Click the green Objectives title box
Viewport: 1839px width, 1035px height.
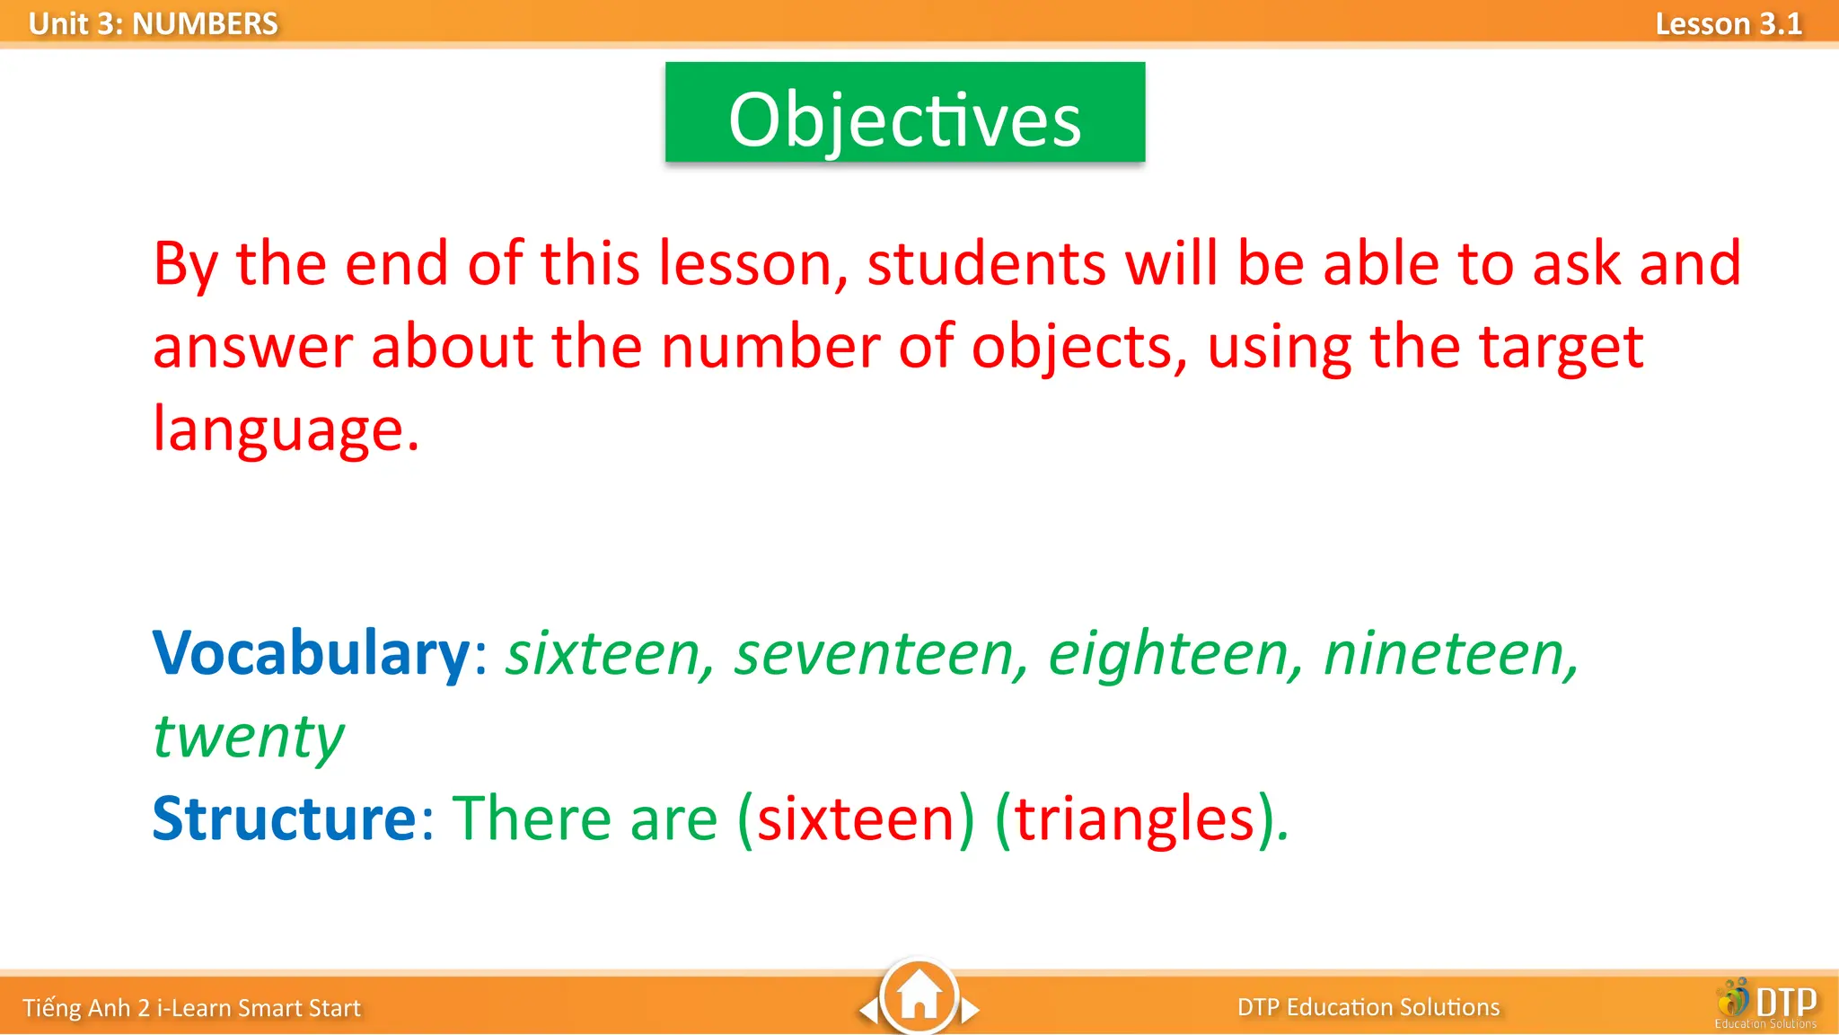point(904,112)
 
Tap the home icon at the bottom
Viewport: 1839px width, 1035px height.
point(919,996)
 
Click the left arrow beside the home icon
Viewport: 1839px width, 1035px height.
point(868,1011)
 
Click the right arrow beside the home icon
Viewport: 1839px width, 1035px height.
point(970,1011)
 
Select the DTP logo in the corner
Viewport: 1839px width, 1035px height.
point(1767,1004)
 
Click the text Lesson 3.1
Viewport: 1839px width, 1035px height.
point(1728,24)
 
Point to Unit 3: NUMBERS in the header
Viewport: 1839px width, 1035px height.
point(153,24)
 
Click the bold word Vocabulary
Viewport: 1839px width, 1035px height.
point(311,653)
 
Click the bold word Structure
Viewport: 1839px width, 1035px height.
point(284,818)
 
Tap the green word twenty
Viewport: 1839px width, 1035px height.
point(248,737)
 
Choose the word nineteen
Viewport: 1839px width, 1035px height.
point(1448,654)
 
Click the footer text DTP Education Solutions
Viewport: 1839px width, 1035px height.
point(1368,1007)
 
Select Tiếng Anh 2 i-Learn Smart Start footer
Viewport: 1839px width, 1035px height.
point(191,1008)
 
